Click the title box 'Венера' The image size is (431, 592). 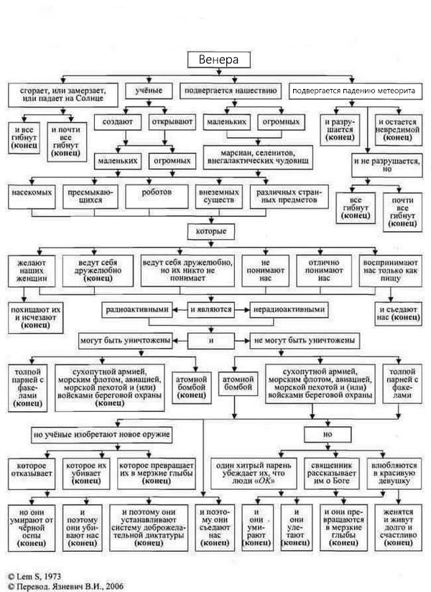point(219,60)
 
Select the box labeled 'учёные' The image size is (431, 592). point(149,90)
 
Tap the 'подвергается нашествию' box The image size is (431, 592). point(231,90)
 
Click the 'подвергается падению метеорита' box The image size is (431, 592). point(356,91)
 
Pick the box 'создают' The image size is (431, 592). point(118,122)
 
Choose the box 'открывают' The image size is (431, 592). point(172,122)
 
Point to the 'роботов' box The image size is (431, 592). point(157,197)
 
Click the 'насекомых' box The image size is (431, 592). point(32,197)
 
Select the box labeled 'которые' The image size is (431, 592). point(211,232)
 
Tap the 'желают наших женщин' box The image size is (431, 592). point(32,271)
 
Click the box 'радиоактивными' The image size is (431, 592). point(137,309)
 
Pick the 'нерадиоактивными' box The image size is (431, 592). point(289,309)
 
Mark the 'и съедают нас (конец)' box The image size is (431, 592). point(398,314)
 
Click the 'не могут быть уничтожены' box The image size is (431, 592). point(305,341)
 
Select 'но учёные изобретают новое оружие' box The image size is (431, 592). point(102,434)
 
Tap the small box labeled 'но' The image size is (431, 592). point(328,434)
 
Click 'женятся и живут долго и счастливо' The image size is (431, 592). point(398,527)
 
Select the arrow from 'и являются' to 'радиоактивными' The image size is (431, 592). point(180,309)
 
